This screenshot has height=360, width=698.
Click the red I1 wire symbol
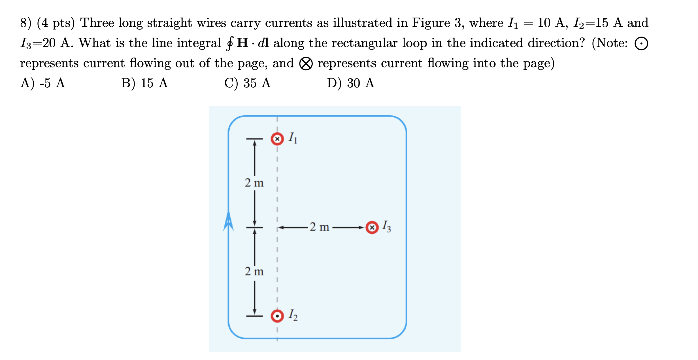(277, 139)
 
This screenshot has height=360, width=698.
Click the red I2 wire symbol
(277, 316)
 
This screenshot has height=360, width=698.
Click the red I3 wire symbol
(372, 227)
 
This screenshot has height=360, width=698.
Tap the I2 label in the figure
(293, 315)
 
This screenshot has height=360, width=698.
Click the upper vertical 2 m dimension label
(254, 183)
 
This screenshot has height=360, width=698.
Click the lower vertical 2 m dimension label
(254, 272)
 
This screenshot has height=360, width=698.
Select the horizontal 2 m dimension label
(319, 227)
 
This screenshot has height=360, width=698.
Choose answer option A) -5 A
(43, 83)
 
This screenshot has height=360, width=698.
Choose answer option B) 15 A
(144, 83)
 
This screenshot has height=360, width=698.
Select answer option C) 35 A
(247, 83)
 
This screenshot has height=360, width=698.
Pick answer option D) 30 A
(350, 83)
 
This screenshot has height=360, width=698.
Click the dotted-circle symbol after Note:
(641, 44)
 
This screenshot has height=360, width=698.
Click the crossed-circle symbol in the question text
(306, 63)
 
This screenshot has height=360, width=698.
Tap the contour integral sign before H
(230, 43)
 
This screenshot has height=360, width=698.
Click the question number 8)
(25, 23)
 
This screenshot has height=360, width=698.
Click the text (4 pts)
(56, 23)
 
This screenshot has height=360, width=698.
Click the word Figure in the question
(431, 23)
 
